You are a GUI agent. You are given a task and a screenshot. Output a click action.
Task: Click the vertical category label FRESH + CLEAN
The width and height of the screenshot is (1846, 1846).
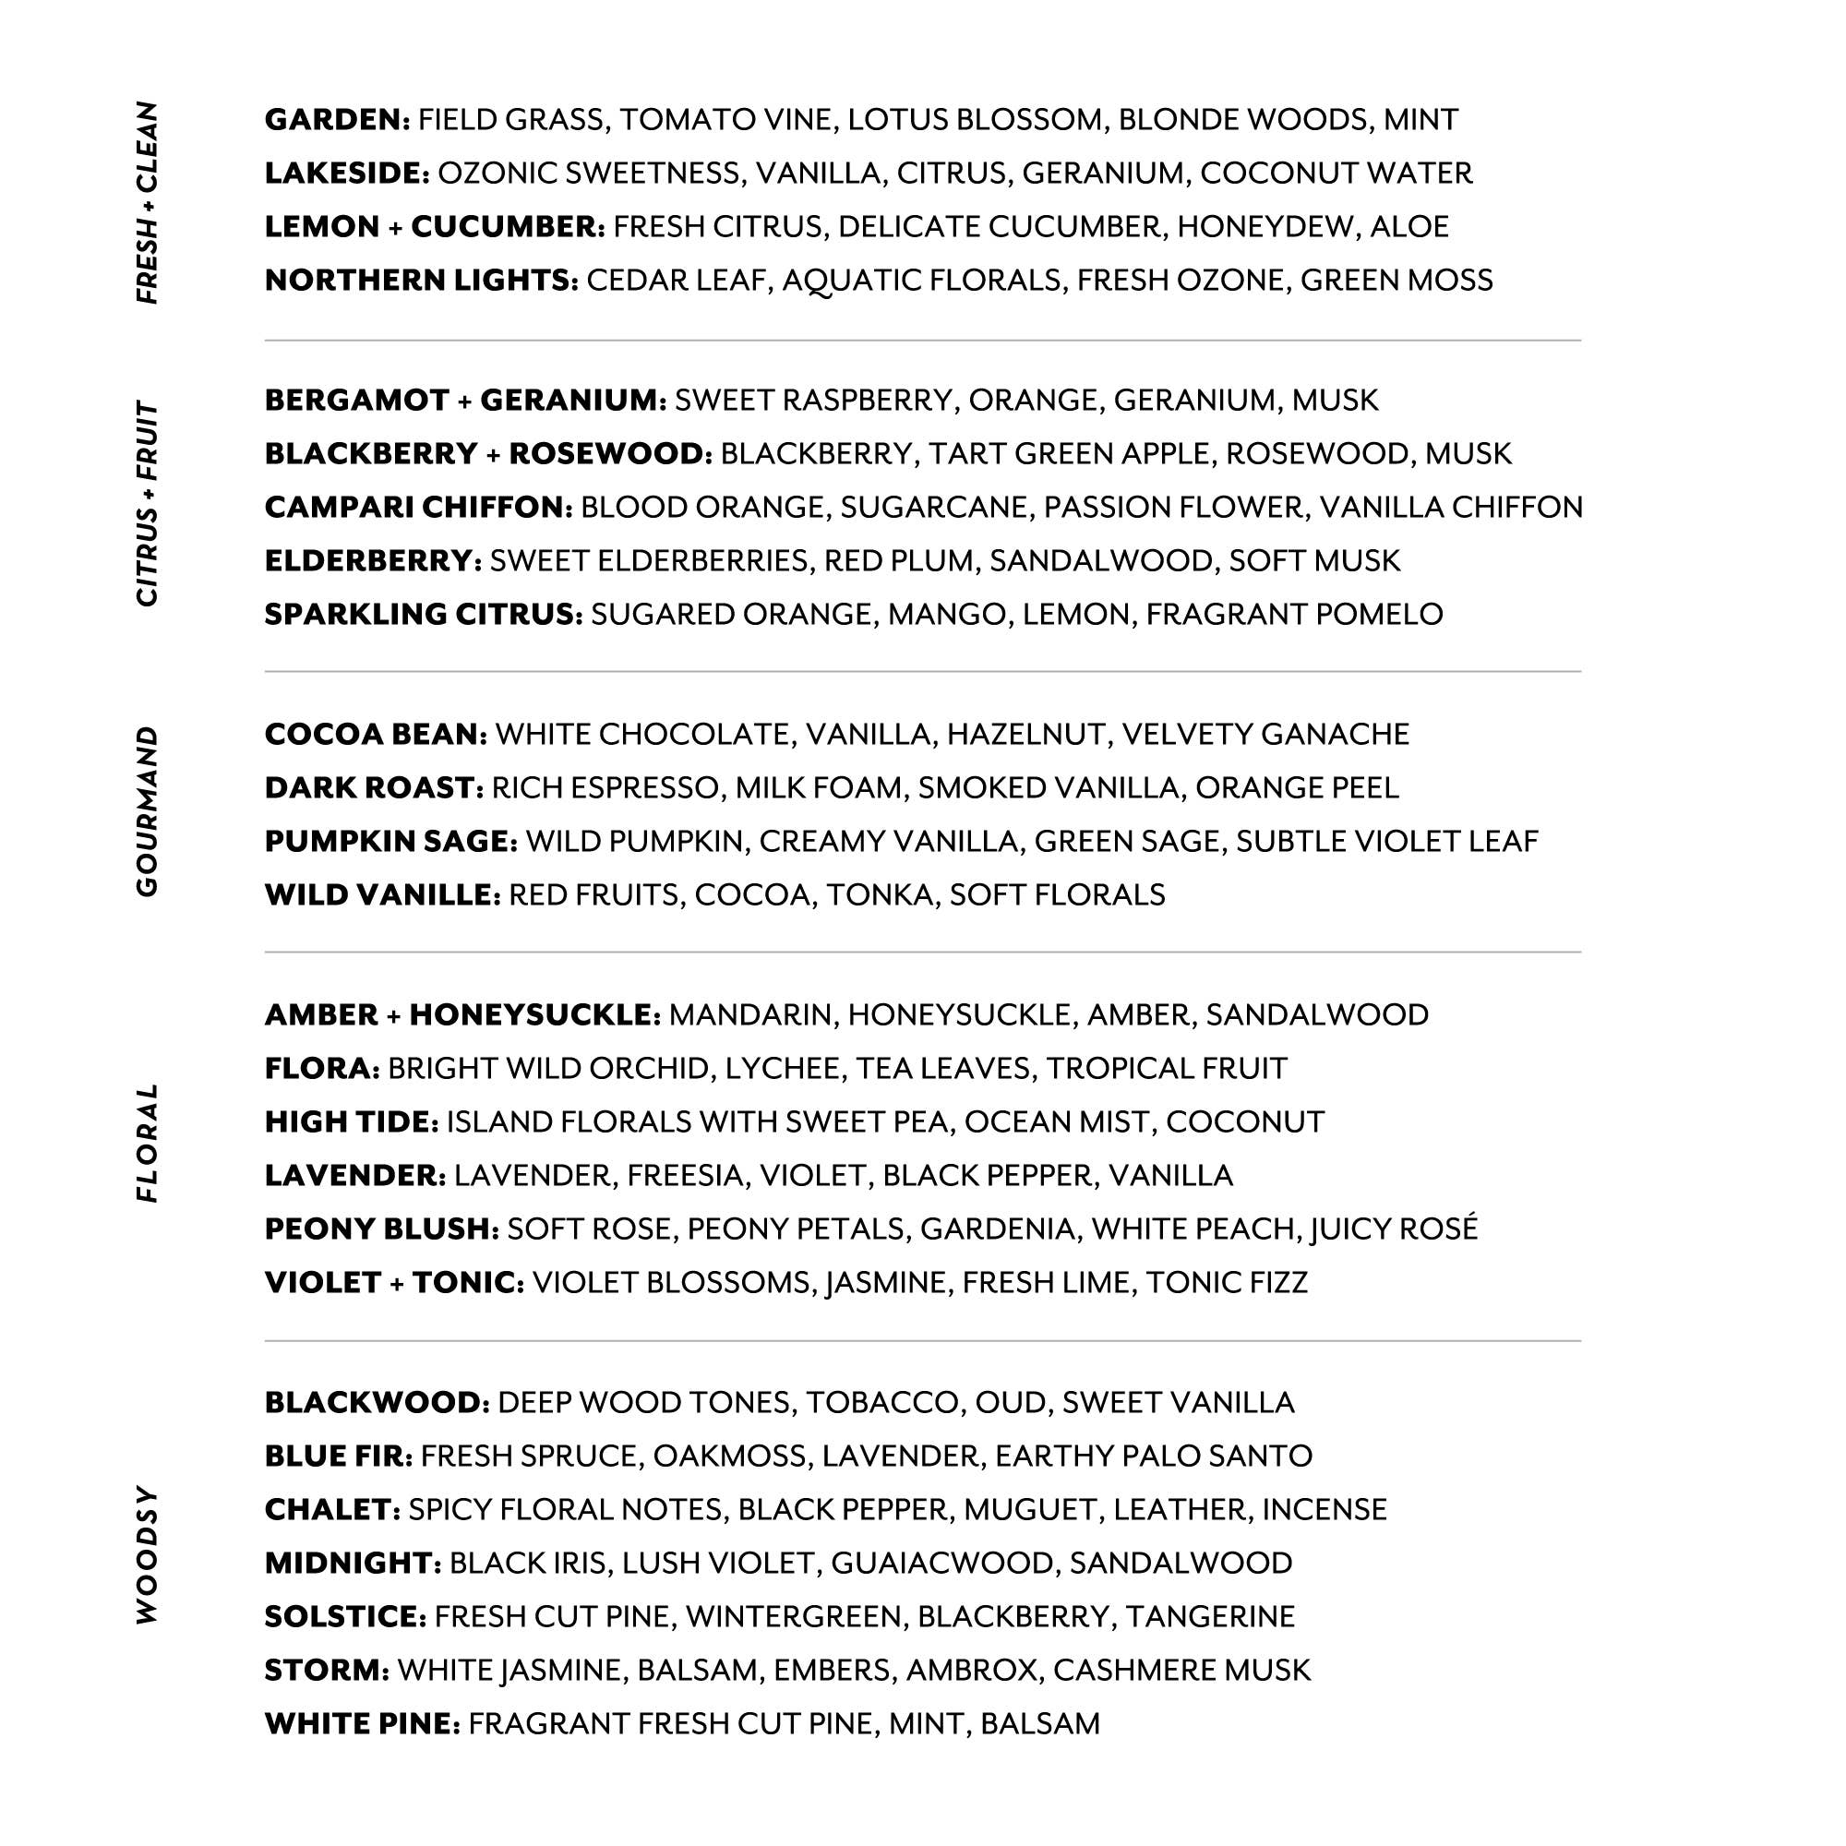pos(147,202)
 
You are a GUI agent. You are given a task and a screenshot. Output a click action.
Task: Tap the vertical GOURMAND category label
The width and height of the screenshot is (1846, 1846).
pos(147,811)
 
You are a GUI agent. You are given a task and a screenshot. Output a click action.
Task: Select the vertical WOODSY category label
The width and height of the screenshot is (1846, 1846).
pos(147,1554)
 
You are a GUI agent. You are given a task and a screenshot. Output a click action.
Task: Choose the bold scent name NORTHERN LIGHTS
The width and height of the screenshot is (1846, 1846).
pos(420,280)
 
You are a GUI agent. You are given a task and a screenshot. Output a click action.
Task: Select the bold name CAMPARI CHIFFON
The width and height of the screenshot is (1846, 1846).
pos(417,507)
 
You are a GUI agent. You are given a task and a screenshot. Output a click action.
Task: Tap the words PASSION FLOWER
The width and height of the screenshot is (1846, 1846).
pos(1173,507)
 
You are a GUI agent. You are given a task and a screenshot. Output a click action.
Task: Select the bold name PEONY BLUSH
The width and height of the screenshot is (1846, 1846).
pos(381,1228)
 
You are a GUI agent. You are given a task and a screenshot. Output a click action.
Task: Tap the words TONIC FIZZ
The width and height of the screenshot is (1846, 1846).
pos(1226,1281)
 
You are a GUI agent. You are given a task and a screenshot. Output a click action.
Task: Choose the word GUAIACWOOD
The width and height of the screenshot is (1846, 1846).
pos(942,1563)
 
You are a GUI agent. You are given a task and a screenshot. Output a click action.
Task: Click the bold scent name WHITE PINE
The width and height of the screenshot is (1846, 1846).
pos(362,1722)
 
